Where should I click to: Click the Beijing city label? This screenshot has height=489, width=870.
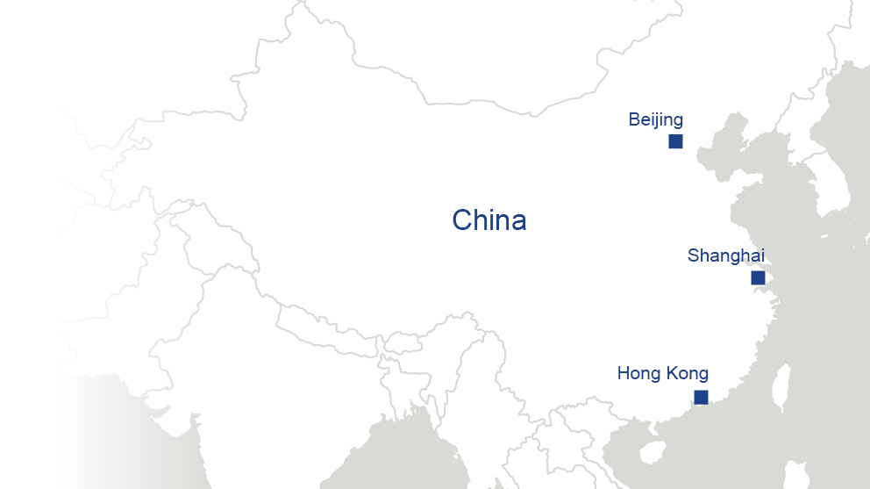[x=655, y=120]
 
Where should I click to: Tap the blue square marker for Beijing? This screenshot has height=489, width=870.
[x=675, y=141]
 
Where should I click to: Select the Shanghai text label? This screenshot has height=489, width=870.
[x=726, y=255]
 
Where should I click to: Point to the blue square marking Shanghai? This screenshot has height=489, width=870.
[x=758, y=278]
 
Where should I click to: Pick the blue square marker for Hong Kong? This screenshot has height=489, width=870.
[x=701, y=398]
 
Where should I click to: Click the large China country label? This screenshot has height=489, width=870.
[x=488, y=220]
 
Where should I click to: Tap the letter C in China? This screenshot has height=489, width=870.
[x=463, y=220]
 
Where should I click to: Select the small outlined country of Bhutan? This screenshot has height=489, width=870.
[x=403, y=342]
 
